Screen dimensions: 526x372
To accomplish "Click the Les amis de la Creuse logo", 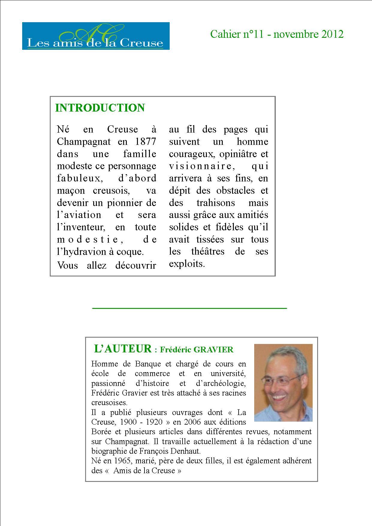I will coord(96,36).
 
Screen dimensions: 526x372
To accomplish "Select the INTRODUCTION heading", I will coord(100,108).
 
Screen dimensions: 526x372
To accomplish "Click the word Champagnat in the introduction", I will coord(84,142).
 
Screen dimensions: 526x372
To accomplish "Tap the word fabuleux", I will coord(79,178).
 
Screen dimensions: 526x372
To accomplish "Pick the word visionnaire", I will coord(200,166).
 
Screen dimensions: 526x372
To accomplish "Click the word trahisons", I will coord(216,203).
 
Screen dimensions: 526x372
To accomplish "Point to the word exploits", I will coord(187,264).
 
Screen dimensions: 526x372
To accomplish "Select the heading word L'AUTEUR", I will coord(123,349).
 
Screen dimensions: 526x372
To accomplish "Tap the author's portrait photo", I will coord(283,383).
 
